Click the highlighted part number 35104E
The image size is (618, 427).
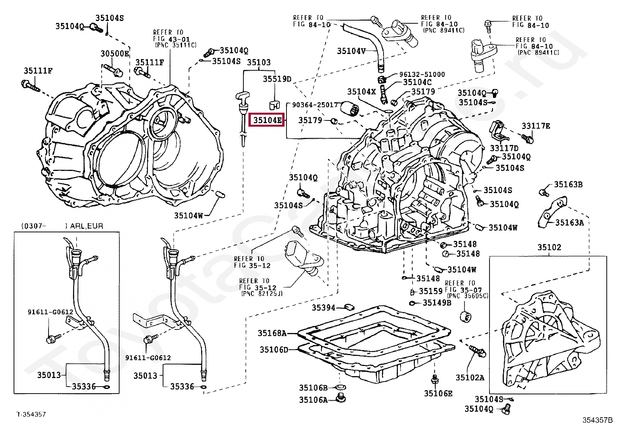pos(267,120)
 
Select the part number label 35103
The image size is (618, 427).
pos(259,62)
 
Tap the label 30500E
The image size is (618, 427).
pos(115,54)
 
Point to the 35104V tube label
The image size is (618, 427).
pos(351,51)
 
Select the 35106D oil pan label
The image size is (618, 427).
pos(274,350)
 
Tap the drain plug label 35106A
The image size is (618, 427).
pos(313,399)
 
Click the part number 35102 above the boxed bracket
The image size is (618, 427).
pos(549,247)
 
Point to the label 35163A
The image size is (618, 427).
pos(569,222)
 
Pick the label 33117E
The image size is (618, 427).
pos(536,126)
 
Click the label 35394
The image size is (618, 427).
pos(323,308)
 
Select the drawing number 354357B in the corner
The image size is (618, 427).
pos(597,420)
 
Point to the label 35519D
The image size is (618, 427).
pos(277,79)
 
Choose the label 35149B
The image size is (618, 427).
pos(437,302)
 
